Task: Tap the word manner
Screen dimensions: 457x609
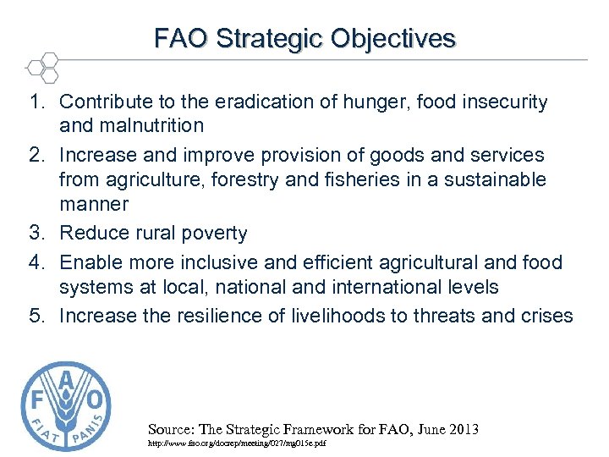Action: coord(93,204)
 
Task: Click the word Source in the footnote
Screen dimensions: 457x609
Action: coord(170,429)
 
